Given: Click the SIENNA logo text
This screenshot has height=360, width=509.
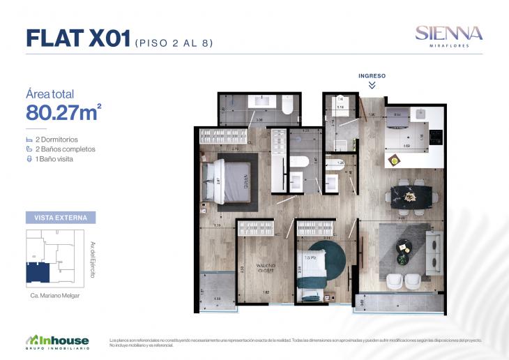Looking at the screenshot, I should [x=449, y=33].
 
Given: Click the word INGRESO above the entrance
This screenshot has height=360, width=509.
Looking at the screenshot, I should [x=372, y=75].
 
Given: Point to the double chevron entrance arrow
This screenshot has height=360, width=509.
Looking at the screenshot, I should [x=372, y=85].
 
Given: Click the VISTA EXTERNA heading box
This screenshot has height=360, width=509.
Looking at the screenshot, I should [x=60, y=218].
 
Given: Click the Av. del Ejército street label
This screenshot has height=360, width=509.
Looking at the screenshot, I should [x=93, y=260].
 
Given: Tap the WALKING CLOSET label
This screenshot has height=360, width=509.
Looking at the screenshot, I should [x=264, y=269].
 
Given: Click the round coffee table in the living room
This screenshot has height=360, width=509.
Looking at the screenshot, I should [x=404, y=246].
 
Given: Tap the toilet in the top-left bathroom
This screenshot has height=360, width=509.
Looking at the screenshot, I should [x=287, y=106].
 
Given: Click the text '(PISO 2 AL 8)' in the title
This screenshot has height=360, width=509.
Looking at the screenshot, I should [x=173, y=43].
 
